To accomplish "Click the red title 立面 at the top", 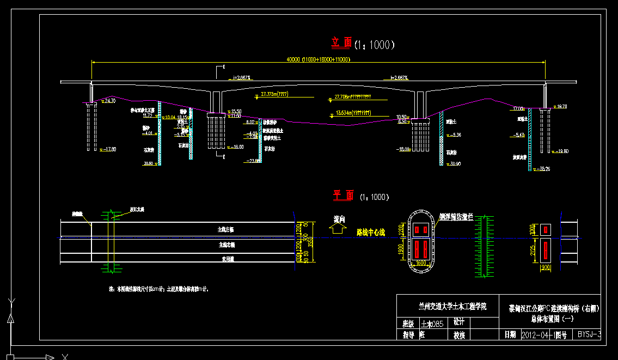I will coord(342,42).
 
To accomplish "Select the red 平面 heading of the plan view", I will coord(343,195).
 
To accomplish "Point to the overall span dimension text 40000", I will coord(293,59).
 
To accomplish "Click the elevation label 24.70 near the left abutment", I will coord(109,101).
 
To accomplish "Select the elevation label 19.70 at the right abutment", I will coord(560,107).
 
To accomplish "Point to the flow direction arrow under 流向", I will coord(338,230).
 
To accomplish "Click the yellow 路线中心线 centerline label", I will coord(370,233).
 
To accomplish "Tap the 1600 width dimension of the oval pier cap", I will coord(420,263).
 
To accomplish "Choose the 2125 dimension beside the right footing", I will coord(534,251).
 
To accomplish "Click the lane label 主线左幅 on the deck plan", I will coord(222,229).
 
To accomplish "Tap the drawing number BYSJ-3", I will coord(589,334).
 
